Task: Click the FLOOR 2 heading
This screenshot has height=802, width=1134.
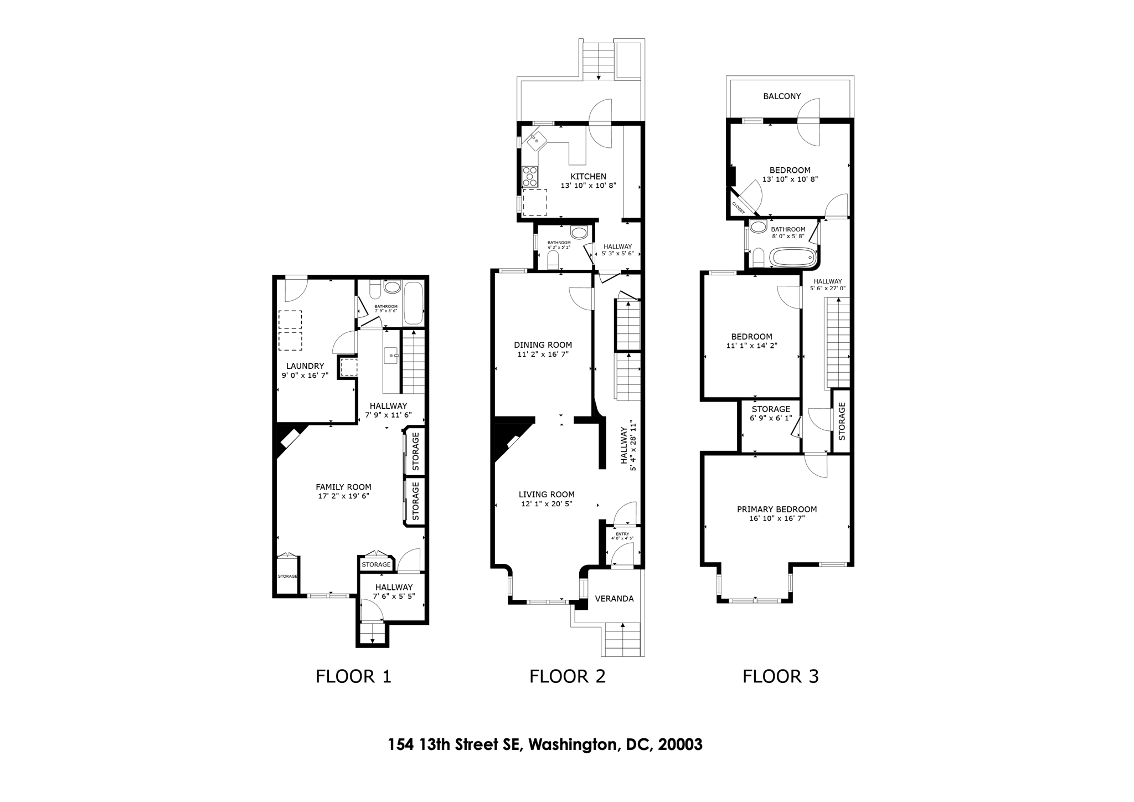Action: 567,676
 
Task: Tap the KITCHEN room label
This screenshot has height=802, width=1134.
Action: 588,177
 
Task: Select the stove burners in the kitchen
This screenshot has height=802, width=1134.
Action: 530,176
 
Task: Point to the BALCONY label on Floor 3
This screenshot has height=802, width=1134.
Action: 782,96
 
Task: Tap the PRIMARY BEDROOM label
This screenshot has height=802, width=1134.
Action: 776,510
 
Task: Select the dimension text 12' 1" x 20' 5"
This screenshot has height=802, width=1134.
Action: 546,504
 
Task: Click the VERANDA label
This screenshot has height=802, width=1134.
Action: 614,599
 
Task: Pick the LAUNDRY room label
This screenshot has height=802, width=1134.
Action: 305,366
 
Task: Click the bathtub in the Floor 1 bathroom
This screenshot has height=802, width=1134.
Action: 413,304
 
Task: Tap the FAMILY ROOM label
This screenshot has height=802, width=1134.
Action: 343,487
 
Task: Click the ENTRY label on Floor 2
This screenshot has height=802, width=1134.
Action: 622,534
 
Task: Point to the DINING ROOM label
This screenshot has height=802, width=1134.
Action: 543,345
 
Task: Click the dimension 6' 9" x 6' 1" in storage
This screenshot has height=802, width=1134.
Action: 771,418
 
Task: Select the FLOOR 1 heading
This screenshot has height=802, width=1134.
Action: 353,676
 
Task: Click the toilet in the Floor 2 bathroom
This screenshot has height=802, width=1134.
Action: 553,260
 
